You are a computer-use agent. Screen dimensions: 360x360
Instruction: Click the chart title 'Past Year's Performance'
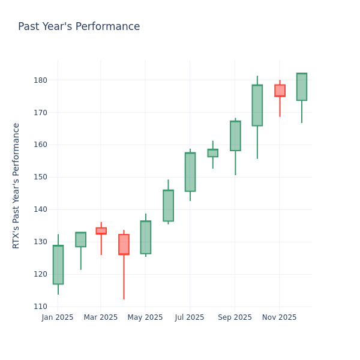[x=79, y=27]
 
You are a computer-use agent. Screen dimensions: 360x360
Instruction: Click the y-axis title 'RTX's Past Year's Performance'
[x=16, y=185]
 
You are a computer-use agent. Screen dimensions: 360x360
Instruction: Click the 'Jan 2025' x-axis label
[x=58, y=317]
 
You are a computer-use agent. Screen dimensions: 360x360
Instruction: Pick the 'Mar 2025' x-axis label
[x=101, y=317]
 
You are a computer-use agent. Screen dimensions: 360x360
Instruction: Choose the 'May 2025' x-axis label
[x=145, y=317]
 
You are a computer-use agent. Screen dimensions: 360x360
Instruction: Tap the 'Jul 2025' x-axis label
[x=190, y=317]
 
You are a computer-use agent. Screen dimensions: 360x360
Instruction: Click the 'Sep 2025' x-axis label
[x=235, y=317]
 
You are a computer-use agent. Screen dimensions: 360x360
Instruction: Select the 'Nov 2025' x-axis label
[x=279, y=317]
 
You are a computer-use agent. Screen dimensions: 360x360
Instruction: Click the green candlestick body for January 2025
[x=58, y=265]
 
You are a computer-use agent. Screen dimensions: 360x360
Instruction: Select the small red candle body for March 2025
[x=101, y=231]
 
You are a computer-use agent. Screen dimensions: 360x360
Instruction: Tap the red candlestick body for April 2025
[x=124, y=244]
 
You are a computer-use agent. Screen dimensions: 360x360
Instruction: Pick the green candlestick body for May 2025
[x=145, y=237]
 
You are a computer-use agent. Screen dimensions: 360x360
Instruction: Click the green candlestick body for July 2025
[x=190, y=172]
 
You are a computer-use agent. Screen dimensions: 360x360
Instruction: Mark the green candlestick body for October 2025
[x=257, y=106]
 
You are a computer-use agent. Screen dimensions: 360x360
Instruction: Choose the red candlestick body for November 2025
[x=280, y=91]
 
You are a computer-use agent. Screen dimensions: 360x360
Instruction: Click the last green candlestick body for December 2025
[x=301, y=87]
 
